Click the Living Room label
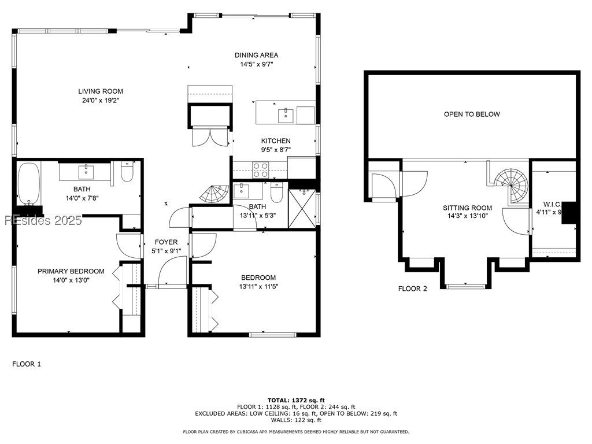tap(101, 91)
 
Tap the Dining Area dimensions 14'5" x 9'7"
tap(256, 65)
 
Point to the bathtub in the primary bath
tap(28, 184)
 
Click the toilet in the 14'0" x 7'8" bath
tap(127, 172)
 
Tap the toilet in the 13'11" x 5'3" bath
tap(276, 194)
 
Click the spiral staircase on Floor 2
tap(512, 183)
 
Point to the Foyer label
tap(166, 242)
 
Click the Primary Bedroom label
tap(71, 271)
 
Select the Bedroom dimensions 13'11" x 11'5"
tap(258, 286)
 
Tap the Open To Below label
tap(472, 114)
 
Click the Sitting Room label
tap(467, 208)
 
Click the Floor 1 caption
tap(27, 364)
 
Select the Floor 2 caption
tap(412, 288)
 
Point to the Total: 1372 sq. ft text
tap(296, 400)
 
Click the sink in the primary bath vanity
tap(87, 171)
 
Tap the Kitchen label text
tap(276, 141)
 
